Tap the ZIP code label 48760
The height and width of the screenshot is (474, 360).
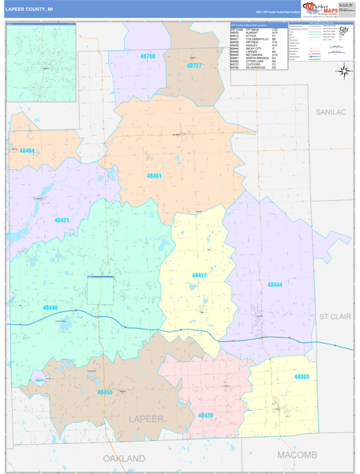pyautogui.click(x=148, y=57)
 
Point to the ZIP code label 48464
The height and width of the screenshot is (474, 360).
pyautogui.click(x=27, y=150)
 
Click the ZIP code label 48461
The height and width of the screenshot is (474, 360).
pyautogui.click(x=154, y=176)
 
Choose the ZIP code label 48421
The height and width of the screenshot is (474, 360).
pyautogui.click(x=62, y=220)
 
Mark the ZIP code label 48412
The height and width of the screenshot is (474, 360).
pyautogui.click(x=199, y=275)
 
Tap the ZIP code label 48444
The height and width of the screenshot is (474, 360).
pyautogui.click(x=274, y=284)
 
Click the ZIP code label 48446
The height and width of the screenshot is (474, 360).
pyautogui.click(x=51, y=307)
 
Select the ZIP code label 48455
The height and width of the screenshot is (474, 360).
pyautogui.click(x=105, y=392)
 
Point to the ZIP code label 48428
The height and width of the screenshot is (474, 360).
pyautogui.click(x=205, y=415)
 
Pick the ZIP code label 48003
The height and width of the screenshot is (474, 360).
pyautogui.click(x=302, y=377)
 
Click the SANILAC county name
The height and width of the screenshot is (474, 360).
pyautogui.click(x=331, y=113)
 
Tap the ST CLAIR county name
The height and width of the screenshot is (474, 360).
pyautogui.click(x=334, y=316)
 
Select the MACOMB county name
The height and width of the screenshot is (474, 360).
pyautogui.click(x=297, y=455)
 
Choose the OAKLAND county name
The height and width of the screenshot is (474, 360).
pyautogui.click(x=124, y=458)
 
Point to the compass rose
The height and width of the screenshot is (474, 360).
pyautogui.click(x=343, y=71)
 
